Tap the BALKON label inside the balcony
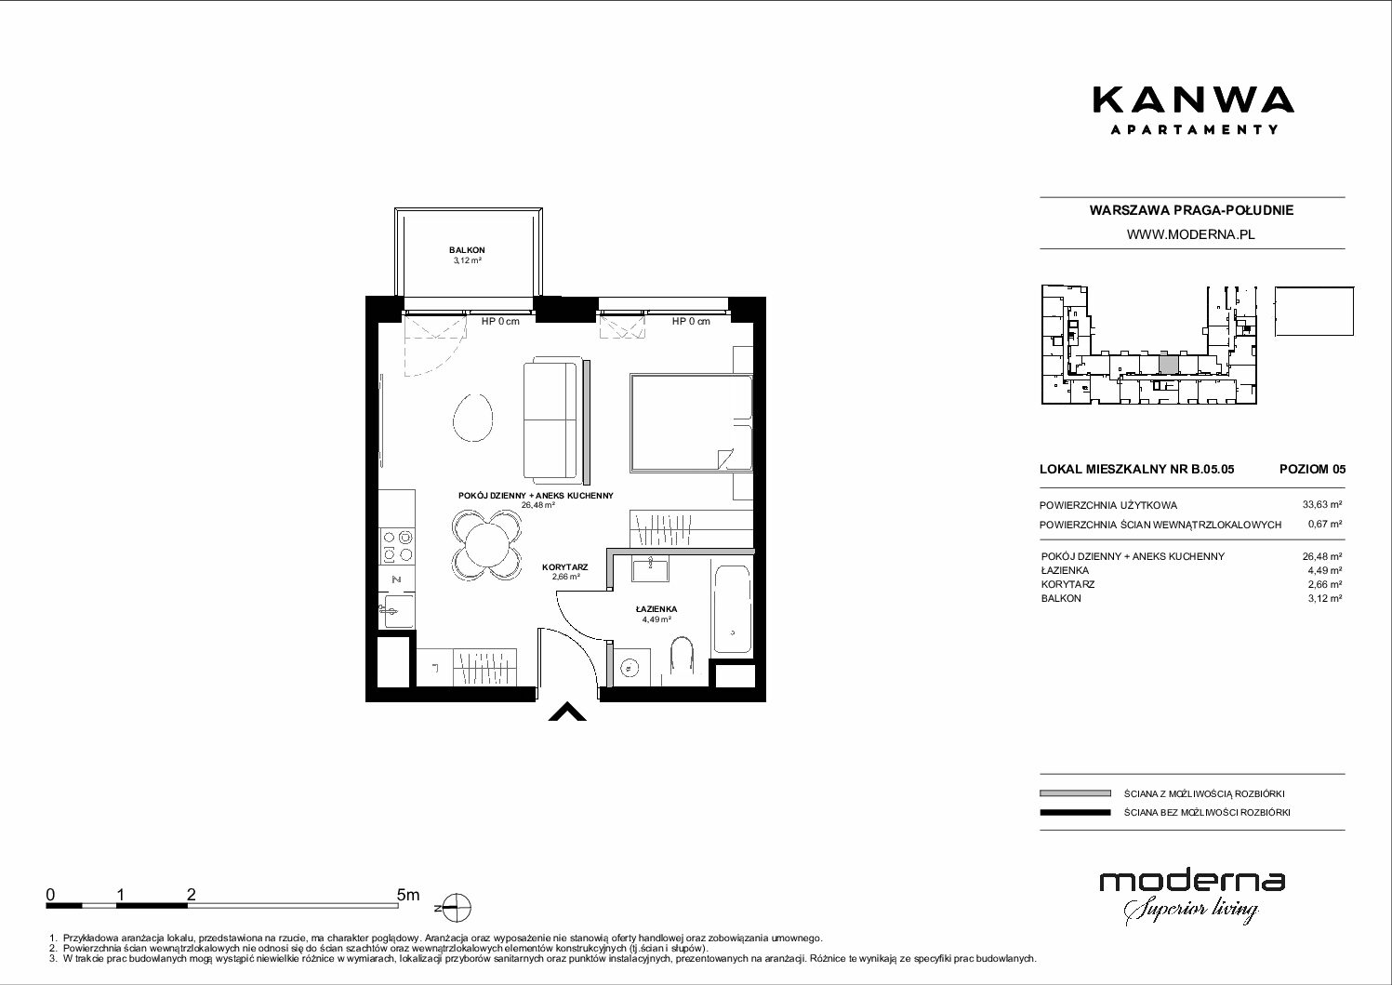(467, 250)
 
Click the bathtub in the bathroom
(732, 609)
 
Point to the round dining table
(486, 545)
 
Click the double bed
(691, 423)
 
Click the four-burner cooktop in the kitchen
(397, 545)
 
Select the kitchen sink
(397, 611)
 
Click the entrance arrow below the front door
(566, 712)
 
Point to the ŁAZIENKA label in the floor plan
(656, 609)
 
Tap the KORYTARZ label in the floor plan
(564, 566)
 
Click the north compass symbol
(457, 908)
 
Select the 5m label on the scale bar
(408, 894)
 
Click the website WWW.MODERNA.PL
(1190, 234)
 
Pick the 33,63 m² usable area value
(1321, 505)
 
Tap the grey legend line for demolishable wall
(1075, 793)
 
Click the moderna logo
(1192, 897)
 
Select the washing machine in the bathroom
(632, 668)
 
